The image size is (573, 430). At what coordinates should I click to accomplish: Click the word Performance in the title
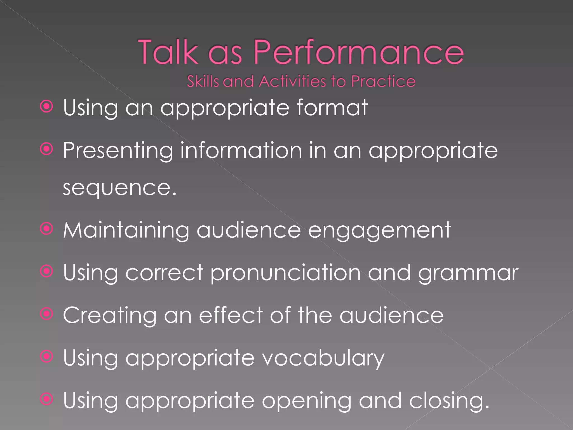click(359, 52)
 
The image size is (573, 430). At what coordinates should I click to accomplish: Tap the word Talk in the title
click(168, 52)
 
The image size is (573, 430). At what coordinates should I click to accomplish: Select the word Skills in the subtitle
click(203, 81)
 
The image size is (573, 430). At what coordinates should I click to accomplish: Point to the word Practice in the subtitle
click(383, 81)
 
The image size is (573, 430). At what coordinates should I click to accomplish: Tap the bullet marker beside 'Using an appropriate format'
click(46, 106)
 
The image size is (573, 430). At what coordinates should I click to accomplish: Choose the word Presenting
click(118, 151)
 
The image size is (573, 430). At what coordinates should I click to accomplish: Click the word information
click(241, 151)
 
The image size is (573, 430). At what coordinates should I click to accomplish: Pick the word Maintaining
click(126, 230)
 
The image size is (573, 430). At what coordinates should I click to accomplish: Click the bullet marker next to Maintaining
click(46, 229)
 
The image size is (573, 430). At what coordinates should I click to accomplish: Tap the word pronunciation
click(285, 273)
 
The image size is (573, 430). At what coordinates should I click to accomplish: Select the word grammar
click(468, 273)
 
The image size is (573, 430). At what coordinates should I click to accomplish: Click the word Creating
click(110, 316)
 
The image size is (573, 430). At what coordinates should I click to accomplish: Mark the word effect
click(231, 315)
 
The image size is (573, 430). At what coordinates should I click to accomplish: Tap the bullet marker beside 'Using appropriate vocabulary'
click(46, 357)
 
